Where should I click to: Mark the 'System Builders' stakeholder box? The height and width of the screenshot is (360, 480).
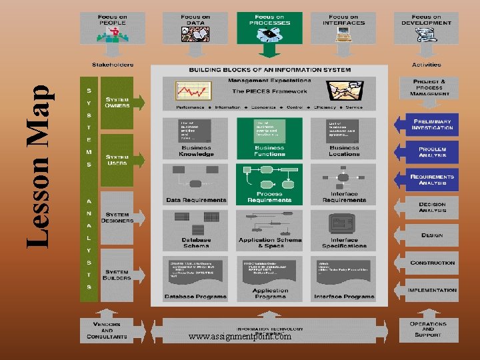tap(117, 273)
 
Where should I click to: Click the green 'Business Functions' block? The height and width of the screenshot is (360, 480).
tap(269, 138)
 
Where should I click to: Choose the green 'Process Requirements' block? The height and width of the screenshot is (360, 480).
tap(269, 184)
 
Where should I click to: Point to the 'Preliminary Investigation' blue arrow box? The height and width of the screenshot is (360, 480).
tap(432, 124)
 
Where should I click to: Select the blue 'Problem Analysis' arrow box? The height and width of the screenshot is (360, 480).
tap(432, 152)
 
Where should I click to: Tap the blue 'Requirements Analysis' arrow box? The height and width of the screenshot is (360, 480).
tap(432, 179)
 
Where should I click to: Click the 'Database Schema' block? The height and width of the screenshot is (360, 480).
tap(196, 229)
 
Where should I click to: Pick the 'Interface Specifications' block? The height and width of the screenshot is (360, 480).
tap(344, 229)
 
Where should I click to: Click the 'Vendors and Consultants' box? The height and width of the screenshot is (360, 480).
tap(107, 329)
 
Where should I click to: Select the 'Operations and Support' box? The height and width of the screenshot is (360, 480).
tap(428, 329)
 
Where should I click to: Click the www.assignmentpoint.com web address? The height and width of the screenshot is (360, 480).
tap(240, 337)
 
